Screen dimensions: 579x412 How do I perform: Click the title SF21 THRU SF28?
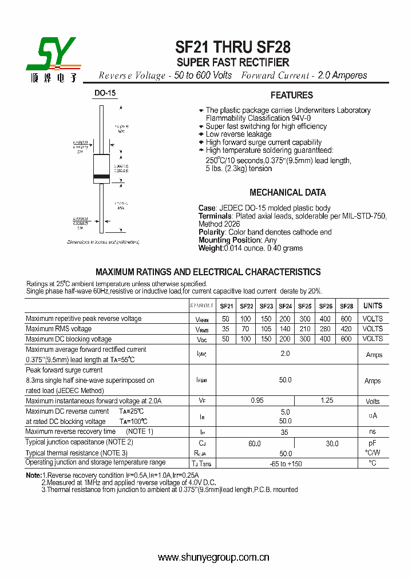pyautogui.click(x=233, y=48)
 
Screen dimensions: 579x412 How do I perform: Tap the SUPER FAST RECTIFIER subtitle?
pyautogui.click(x=233, y=62)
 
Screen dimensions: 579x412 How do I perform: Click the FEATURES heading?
pyautogui.click(x=292, y=96)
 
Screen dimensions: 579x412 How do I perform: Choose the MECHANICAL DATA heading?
pyautogui.click(x=288, y=193)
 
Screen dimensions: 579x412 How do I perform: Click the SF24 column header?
pyautogui.click(x=286, y=306)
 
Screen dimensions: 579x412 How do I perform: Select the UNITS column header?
pyautogui.click(x=373, y=306)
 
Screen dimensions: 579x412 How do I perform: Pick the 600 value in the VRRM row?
pyautogui.click(x=346, y=319)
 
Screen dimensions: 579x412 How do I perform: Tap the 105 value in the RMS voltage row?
pyautogui.click(x=266, y=329)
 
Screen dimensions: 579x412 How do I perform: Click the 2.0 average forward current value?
pyautogui.click(x=285, y=354)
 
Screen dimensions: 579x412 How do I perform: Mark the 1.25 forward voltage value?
pyautogui.click(x=327, y=400)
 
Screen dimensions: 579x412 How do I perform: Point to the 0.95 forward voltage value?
pyautogui.click(x=257, y=400)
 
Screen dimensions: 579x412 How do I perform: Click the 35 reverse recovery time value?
pyautogui.click(x=284, y=432)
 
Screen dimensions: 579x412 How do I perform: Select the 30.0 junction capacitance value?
pyautogui.click(x=332, y=443)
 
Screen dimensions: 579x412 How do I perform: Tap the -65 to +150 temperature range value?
pyautogui.click(x=286, y=463)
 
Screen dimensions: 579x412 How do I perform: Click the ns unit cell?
pyautogui.click(x=373, y=432)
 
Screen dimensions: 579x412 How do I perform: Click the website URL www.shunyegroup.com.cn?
pyautogui.click(x=213, y=557)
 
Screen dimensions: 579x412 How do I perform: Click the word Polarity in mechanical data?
pyautogui.click(x=211, y=232)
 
